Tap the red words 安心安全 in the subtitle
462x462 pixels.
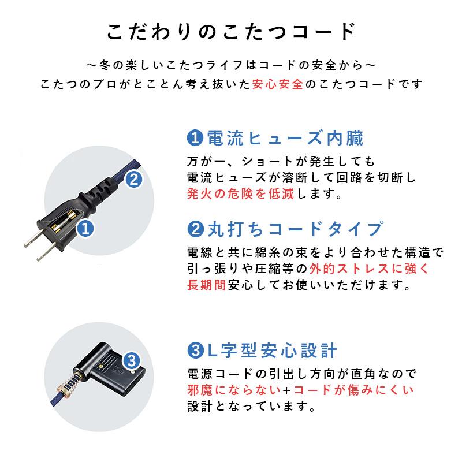277,84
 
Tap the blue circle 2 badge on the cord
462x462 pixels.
133,180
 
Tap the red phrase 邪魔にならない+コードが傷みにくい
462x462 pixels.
300,390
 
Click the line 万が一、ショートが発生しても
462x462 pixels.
281,160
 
